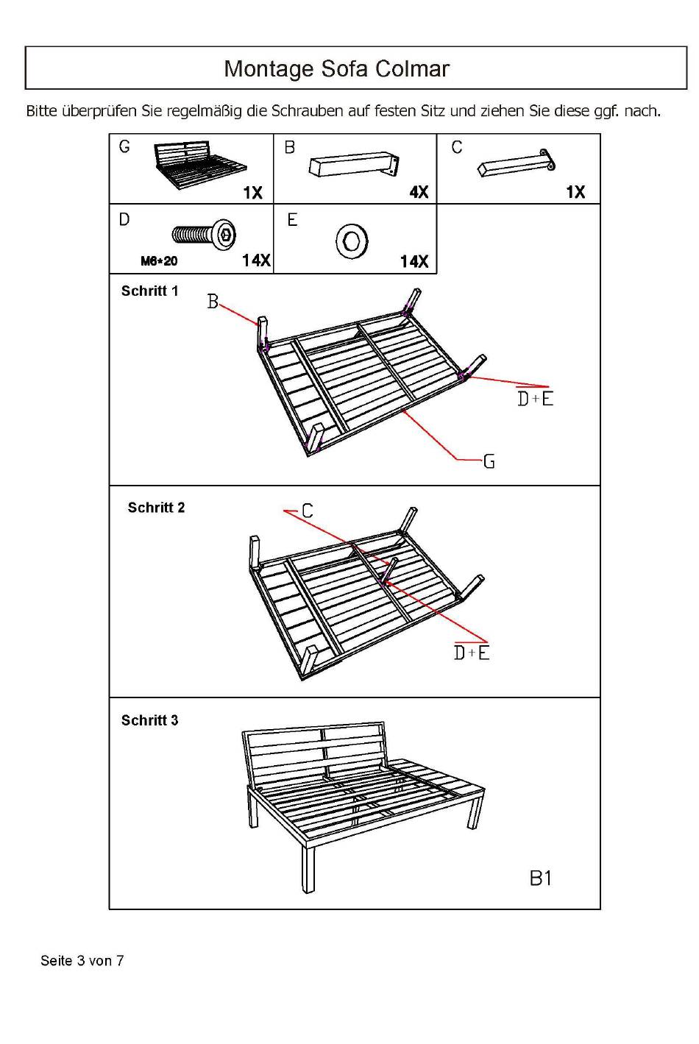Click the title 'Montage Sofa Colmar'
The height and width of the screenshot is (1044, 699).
[336, 68]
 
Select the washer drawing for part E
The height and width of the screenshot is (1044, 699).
[352, 241]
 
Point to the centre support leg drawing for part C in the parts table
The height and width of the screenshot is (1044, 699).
[516, 164]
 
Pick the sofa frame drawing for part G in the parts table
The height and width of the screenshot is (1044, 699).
[198, 165]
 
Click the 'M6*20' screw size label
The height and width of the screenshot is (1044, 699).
[159, 261]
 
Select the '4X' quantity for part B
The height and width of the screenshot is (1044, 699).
[419, 192]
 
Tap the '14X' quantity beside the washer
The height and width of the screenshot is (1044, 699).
[414, 261]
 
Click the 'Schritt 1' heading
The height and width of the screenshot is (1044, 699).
[149, 291]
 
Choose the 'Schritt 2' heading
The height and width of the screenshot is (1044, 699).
[156, 508]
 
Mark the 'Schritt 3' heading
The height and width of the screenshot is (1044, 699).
[149, 720]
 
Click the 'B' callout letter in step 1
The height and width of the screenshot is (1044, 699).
[213, 302]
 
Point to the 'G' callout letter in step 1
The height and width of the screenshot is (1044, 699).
[489, 462]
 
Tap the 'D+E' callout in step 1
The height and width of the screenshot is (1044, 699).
[535, 398]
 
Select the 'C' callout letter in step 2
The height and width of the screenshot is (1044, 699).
[307, 511]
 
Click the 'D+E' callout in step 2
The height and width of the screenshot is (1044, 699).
[472, 653]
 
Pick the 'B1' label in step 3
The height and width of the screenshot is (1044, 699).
[540, 878]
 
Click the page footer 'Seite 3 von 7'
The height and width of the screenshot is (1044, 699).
[82, 960]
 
